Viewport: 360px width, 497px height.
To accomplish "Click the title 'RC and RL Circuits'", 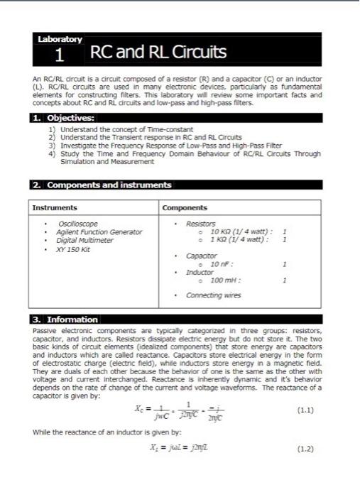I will (158, 53).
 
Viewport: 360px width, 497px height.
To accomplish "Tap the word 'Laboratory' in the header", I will (60, 39).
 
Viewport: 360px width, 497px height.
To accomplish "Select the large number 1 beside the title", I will (60, 55).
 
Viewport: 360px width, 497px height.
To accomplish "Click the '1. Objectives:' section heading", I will (64, 118).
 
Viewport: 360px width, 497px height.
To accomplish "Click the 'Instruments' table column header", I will (55, 208).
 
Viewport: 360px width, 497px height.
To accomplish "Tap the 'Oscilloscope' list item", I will (77, 224).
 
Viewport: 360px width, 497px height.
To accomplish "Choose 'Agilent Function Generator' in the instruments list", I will (99, 232).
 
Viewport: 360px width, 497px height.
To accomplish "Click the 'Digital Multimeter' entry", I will (85, 240).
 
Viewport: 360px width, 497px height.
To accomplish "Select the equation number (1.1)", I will (304, 410).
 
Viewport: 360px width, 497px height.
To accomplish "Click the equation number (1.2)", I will (304, 449).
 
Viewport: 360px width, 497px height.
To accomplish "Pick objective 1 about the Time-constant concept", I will (125, 130).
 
